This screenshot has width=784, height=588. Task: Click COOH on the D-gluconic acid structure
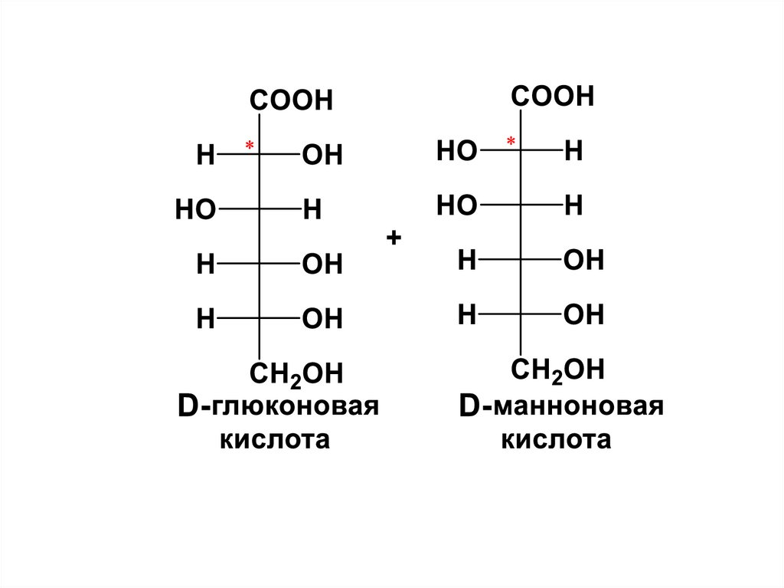pyautogui.click(x=291, y=100)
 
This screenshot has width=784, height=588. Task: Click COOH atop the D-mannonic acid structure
pyautogui.click(x=553, y=97)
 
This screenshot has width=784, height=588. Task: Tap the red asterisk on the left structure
pyautogui.click(x=249, y=145)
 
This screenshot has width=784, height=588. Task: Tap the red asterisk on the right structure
pyautogui.click(x=511, y=141)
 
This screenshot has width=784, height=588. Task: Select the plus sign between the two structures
pyautogui.click(x=394, y=238)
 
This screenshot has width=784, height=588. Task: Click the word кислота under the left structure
pyautogui.click(x=276, y=441)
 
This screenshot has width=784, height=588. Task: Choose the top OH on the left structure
pyautogui.click(x=322, y=156)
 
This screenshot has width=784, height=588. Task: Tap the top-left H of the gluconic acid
pyautogui.click(x=205, y=156)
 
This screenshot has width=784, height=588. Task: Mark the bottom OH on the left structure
pyautogui.click(x=322, y=319)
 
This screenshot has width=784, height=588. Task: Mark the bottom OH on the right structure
pyautogui.click(x=583, y=314)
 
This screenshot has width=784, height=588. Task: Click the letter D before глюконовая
pyautogui.click(x=188, y=407)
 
